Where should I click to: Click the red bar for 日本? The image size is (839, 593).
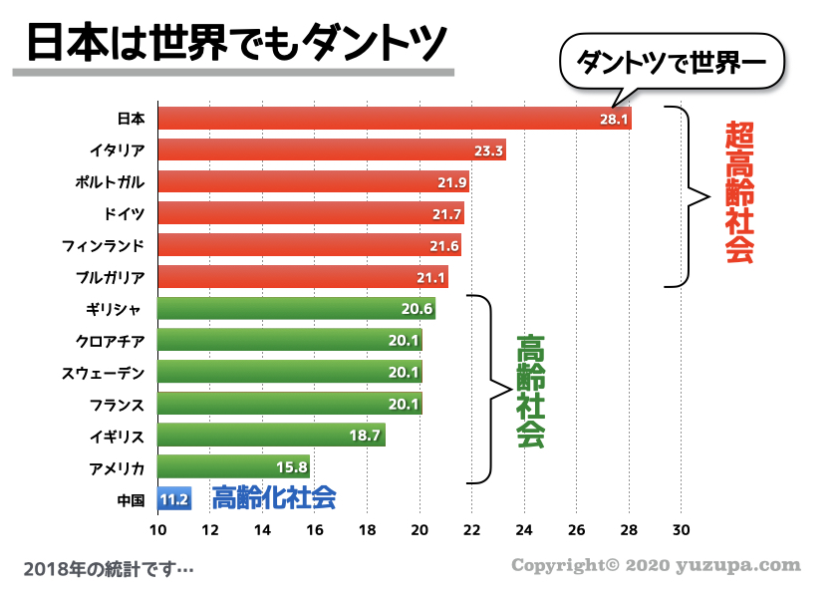coord(394,119)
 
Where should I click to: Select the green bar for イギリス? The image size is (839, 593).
coord(271,436)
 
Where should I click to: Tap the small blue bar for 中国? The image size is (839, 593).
coord(174,498)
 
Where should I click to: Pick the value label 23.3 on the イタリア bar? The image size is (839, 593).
coord(488,150)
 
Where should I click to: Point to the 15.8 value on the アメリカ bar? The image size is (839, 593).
coord(292,467)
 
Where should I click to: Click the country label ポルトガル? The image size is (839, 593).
coord(111,182)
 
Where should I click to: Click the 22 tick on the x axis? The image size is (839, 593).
coord(471,529)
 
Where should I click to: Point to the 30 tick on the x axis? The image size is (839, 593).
coord(681,529)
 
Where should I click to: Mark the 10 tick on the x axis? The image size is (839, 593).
coord(157,529)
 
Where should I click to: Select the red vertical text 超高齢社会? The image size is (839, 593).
coord(738,191)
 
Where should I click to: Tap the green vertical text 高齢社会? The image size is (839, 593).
coord(531,392)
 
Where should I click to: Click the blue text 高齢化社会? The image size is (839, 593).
coord(274,497)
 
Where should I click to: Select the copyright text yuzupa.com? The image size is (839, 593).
coord(656,566)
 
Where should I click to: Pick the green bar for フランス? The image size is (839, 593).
coord(289,404)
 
